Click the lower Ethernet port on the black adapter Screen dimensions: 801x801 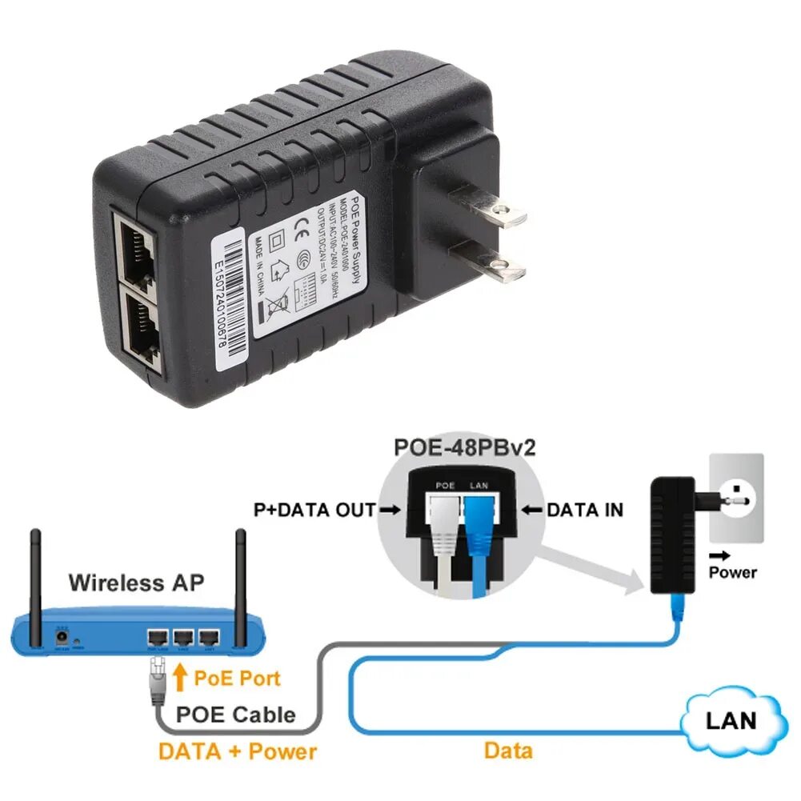coord(140,328)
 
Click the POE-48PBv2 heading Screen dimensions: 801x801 coord(464,447)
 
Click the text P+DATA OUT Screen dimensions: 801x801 coord(314,510)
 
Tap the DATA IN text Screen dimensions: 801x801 coord(585,510)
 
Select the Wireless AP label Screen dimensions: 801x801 coord(136,582)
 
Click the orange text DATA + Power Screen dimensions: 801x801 coord(238,751)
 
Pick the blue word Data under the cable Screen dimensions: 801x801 coord(508,751)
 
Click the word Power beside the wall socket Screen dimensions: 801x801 coord(733,571)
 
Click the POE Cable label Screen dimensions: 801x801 coord(235,715)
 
